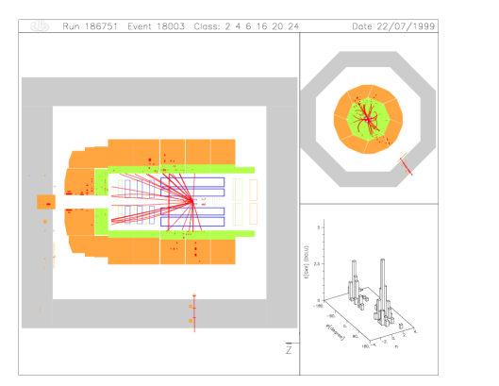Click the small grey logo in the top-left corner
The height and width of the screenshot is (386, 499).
point(40,26)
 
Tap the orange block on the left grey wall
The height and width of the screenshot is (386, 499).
point(46,202)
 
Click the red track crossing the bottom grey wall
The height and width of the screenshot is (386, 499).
point(194,316)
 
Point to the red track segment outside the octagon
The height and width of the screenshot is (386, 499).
point(406,166)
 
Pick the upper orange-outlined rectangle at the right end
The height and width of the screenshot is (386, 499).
point(253,190)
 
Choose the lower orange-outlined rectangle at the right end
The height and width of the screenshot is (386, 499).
point(253,213)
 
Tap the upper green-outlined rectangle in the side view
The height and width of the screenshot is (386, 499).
point(238,189)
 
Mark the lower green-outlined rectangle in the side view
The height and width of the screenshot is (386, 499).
point(238,214)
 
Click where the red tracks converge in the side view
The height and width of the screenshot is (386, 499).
point(182,198)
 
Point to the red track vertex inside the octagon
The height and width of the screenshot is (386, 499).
point(367,119)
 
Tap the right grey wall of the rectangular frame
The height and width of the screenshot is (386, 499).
point(281,202)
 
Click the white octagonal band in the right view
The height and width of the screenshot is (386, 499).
point(325,94)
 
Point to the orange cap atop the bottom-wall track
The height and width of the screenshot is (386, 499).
point(194,296)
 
